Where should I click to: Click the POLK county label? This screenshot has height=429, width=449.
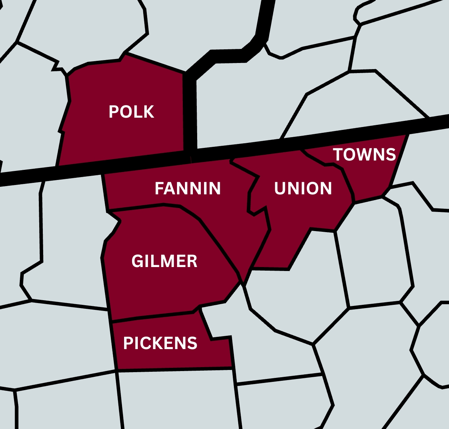(131, 112)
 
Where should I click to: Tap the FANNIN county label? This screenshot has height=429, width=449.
(187, 189)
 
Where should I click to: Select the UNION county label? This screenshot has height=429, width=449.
(303, 189)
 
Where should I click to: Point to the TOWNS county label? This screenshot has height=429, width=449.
(364, 155)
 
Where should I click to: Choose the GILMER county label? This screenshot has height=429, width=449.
(164, 261)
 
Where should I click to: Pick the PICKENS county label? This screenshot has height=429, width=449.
(160, 343)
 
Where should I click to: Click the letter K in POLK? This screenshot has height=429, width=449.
(149, 112)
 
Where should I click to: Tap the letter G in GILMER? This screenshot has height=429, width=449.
(137, 261)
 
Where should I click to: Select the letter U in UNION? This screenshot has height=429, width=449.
(280, 189)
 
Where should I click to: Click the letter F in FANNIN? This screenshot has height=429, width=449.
(159, 189)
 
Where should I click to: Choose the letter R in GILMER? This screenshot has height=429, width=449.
(192, 261)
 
